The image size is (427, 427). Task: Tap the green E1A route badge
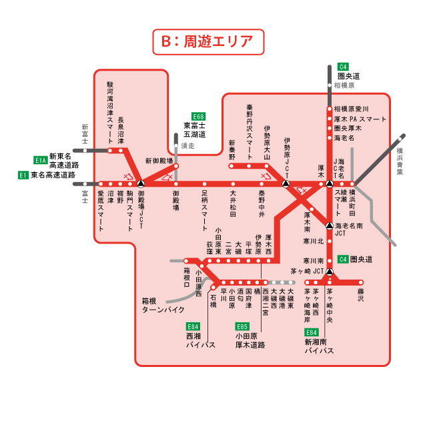[41, 160]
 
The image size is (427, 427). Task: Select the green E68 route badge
[198, 116]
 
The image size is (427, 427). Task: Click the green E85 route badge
[242, 326]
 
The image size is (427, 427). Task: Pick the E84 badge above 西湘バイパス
[193, 326]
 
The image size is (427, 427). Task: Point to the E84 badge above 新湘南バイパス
[311, 332]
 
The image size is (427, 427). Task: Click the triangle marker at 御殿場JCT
[141, 183]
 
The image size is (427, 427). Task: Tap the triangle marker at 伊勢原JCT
[286, 183]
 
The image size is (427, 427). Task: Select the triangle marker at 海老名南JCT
[330, 225]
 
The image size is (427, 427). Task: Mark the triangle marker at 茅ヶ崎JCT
[330, 272]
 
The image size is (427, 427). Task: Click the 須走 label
[188, 145]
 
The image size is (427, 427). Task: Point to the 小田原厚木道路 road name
[250, 341]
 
